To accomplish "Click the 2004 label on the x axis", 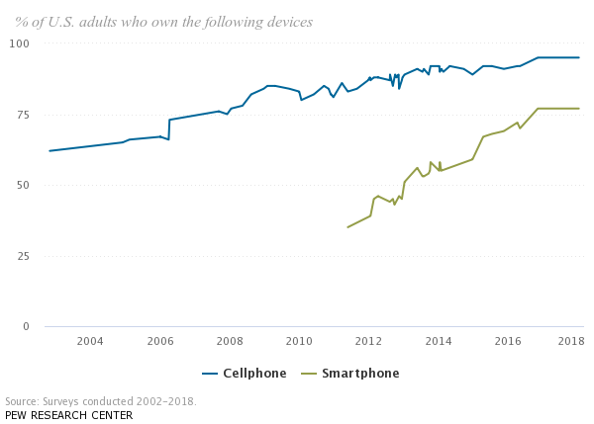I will coord(90,342).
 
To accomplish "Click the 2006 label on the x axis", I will coord(160,342).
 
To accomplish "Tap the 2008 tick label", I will coord(230,342).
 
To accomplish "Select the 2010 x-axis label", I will coord(299,342).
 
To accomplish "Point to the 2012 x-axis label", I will coord(368,342).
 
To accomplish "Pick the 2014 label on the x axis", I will coord(439,342).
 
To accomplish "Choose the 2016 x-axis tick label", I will coord(508,342).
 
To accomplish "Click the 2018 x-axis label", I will coord(571,342).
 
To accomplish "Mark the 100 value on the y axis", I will coord(20,43).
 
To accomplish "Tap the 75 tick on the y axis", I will coord(23,115).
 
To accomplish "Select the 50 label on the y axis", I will coord(23,185).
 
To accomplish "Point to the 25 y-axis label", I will coord(23,256).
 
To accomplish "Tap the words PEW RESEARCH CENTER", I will coord(68,415).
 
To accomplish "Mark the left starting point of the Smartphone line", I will coord(347,227).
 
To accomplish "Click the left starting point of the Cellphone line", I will coord(49,151).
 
